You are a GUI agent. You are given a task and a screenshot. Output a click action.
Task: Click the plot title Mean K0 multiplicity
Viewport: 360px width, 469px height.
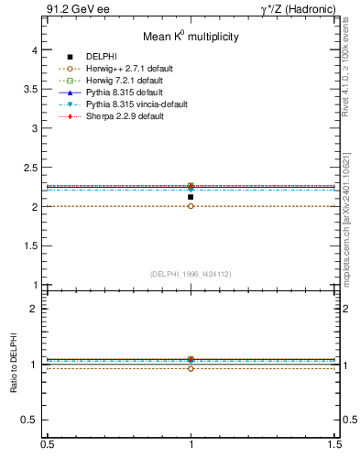(191, 37)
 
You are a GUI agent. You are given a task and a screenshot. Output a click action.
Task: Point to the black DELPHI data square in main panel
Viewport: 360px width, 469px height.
(191, 197)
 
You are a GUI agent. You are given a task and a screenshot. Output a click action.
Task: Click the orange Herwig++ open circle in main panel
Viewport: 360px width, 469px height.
(191, 206)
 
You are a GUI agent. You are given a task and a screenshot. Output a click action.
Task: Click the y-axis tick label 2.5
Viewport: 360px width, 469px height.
(31, 169)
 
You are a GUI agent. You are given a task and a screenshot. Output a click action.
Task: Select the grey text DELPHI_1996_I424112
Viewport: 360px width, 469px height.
(191, 273)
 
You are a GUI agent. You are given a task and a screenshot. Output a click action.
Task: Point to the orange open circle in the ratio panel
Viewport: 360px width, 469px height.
(191, 368)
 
